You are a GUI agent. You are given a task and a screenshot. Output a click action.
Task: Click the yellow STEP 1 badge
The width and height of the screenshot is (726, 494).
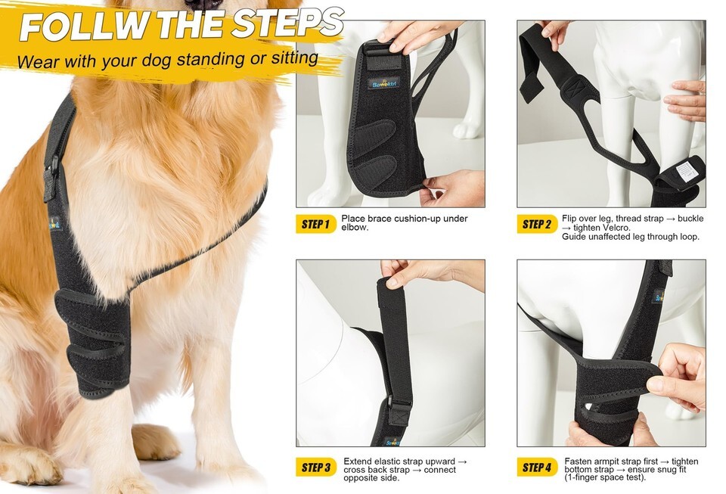316,225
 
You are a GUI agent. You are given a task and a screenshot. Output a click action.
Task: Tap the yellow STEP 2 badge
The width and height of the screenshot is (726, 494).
537,225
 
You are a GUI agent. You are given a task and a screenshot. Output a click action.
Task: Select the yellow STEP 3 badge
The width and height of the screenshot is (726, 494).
316,468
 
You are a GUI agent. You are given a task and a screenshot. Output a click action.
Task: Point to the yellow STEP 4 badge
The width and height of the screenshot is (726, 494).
537,468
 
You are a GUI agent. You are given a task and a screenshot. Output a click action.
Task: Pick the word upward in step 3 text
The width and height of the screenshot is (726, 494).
440,461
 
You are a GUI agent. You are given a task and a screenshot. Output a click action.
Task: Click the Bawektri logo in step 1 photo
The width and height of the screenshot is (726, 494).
384,84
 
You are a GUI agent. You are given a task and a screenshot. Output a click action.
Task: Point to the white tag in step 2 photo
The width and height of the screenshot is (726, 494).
684,170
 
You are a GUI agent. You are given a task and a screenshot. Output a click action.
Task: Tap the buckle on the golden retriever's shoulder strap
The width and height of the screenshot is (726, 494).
52,177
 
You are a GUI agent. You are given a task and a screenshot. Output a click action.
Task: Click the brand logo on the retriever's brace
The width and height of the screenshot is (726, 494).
54,224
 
